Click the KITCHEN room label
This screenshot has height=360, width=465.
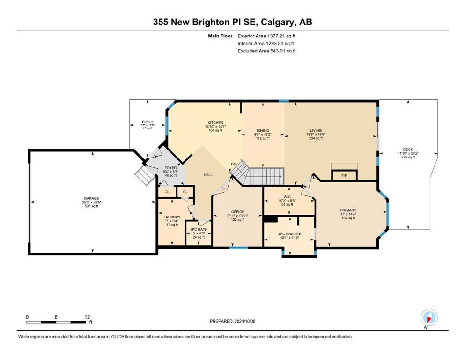click(215, 122)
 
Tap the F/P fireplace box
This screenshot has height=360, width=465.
click(344, 176)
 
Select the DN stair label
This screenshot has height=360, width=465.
click(234, 164)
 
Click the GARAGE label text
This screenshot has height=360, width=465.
click(91, 199)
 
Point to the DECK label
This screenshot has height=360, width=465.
click(408, 150)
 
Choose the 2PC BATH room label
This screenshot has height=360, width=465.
click(199, 229)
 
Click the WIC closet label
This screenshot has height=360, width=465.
click(287, 197)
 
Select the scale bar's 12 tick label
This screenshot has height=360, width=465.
click(87, 317)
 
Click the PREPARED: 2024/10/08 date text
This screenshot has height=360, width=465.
click(232, 321)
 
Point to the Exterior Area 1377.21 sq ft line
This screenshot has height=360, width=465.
click(266, 36)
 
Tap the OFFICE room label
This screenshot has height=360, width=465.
click(237, 212)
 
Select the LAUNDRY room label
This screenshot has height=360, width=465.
click(172, 217)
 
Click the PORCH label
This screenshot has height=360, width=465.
click(147, 122)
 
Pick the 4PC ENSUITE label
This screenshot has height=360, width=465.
click(289, 234)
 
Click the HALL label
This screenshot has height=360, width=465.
click(208, 175)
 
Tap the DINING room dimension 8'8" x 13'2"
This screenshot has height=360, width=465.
click(263, 135)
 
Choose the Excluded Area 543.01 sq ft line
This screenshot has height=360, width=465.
click(266, 51)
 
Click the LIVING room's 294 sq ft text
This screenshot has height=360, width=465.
click(316, 138)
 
